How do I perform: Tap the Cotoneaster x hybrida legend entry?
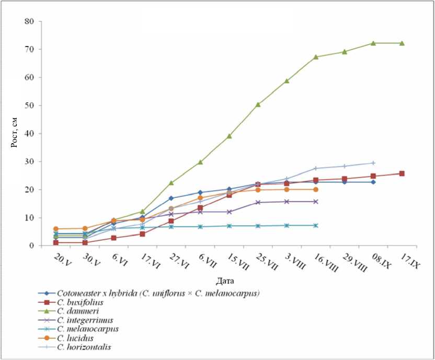click(157, 293)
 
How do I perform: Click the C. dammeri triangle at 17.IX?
click(402, 43)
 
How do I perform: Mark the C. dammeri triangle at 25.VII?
click(258, 104)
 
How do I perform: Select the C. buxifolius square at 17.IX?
click(402, 173)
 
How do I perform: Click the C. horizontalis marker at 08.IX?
click(373, 163)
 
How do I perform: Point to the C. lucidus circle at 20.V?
click(55, 229)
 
